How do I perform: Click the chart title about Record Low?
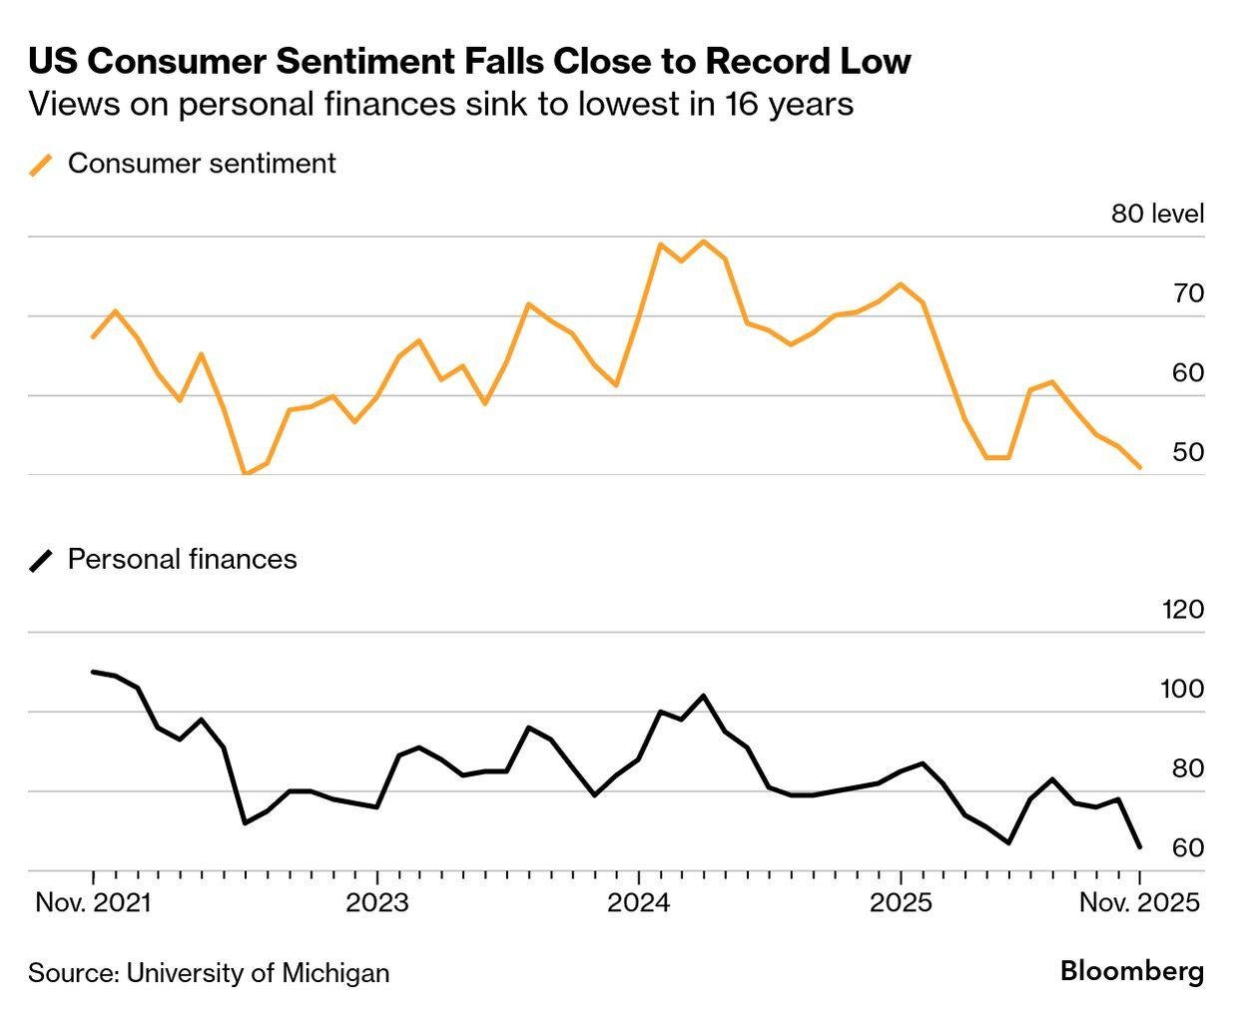(469, 61)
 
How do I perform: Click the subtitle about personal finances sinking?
(440, 104)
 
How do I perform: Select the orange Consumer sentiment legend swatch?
(41, 165)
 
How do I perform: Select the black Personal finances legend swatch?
(41, 560)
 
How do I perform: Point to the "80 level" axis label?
(1157, 214)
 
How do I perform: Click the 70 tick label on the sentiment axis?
(1188, 293)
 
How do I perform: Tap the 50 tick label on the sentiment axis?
(1188, 452)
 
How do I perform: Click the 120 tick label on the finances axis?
(1183, 609)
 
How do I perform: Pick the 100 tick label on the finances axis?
(1183, 689)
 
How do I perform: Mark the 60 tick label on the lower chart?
(1188, 847)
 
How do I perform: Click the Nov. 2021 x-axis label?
(93, 902)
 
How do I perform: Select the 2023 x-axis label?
(376, 902)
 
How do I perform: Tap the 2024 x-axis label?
(639, 902)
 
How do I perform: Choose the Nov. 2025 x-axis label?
(1139, 902)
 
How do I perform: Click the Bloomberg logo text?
(1132, 971)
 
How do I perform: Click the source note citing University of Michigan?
(209, 972)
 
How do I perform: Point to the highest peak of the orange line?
(703, 242)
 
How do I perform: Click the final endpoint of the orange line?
(1140, 467)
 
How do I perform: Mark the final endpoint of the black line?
(1140, 847)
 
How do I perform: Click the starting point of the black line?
(93, 672)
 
